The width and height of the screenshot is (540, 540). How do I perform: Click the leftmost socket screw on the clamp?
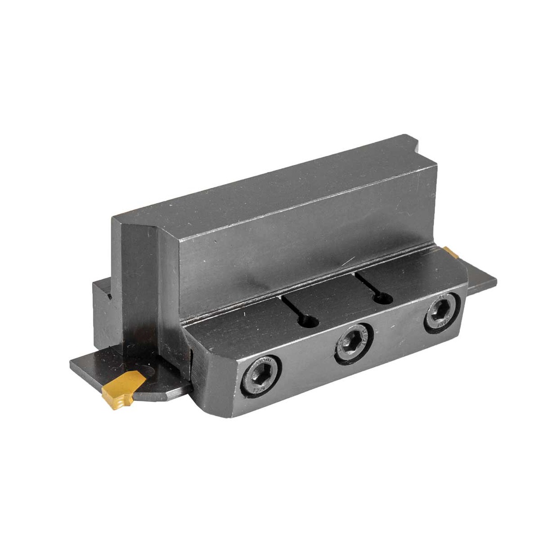(261, 375)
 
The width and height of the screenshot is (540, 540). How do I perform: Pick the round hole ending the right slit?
(384, 298)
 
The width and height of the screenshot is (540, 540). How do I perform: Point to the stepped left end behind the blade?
(103, 311)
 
